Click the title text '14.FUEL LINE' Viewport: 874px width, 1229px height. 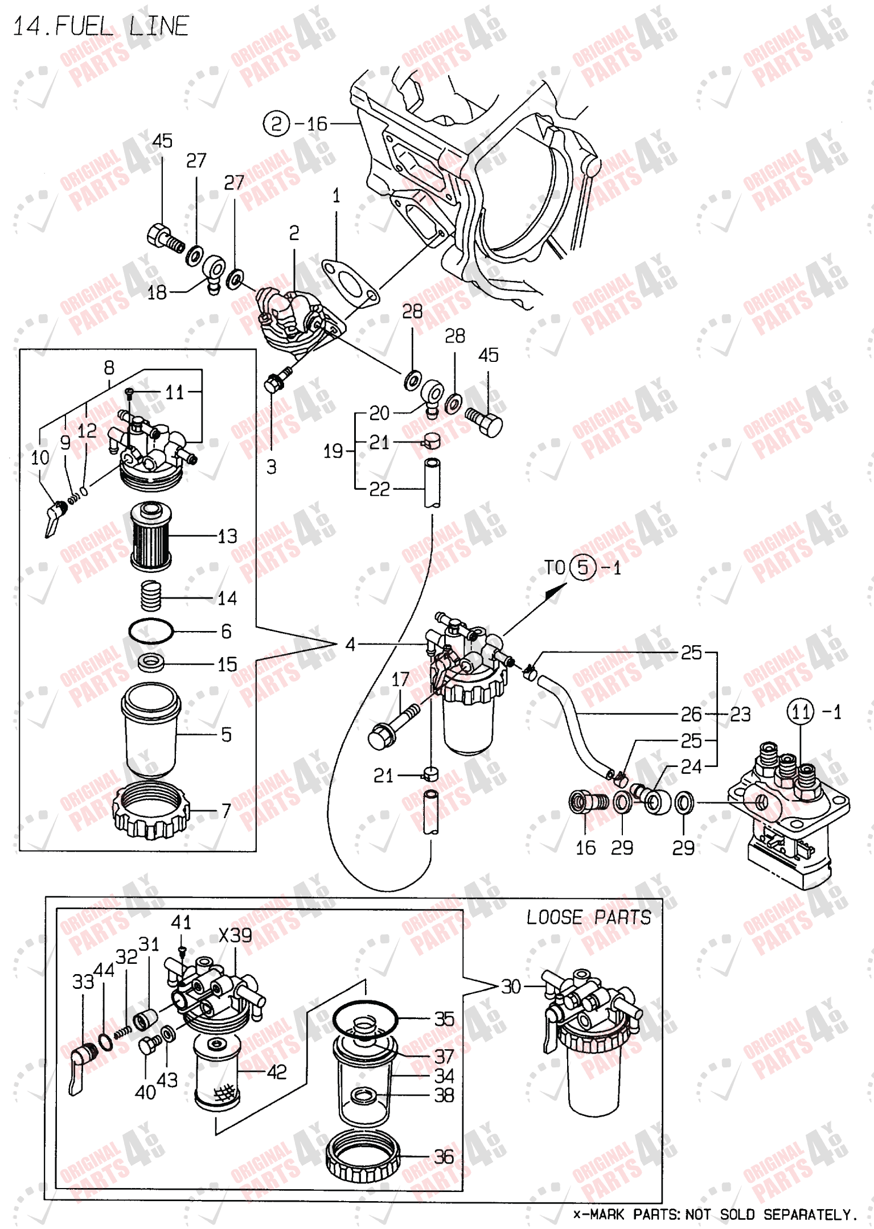[x=100, y=26]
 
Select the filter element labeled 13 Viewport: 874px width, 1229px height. [x=150, y=536]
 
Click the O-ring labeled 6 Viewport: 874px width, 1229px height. [x=150, y=631]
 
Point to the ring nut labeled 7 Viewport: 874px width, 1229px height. [x=151, y=810]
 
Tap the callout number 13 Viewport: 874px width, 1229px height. [x=227, y=536]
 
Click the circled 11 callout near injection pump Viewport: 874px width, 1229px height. [x=801, y=712]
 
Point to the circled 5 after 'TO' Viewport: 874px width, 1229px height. [x=582, y=567]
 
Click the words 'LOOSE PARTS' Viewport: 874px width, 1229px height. [x=588, y=917]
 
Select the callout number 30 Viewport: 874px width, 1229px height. [x=511, y=987]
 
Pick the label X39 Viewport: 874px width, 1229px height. [x=235, y=935]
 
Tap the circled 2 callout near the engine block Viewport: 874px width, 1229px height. [x=277, y=123]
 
